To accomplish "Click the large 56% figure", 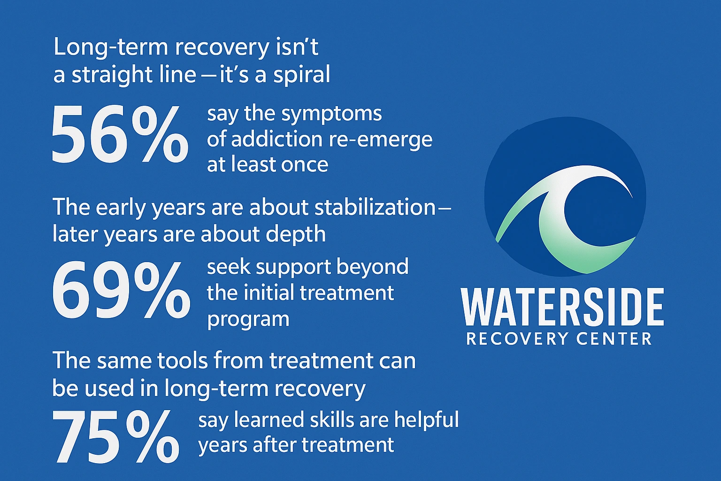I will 120,135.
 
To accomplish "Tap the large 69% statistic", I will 121,290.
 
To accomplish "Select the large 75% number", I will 116,437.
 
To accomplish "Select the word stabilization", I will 375,208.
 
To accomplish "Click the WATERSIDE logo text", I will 562,308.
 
